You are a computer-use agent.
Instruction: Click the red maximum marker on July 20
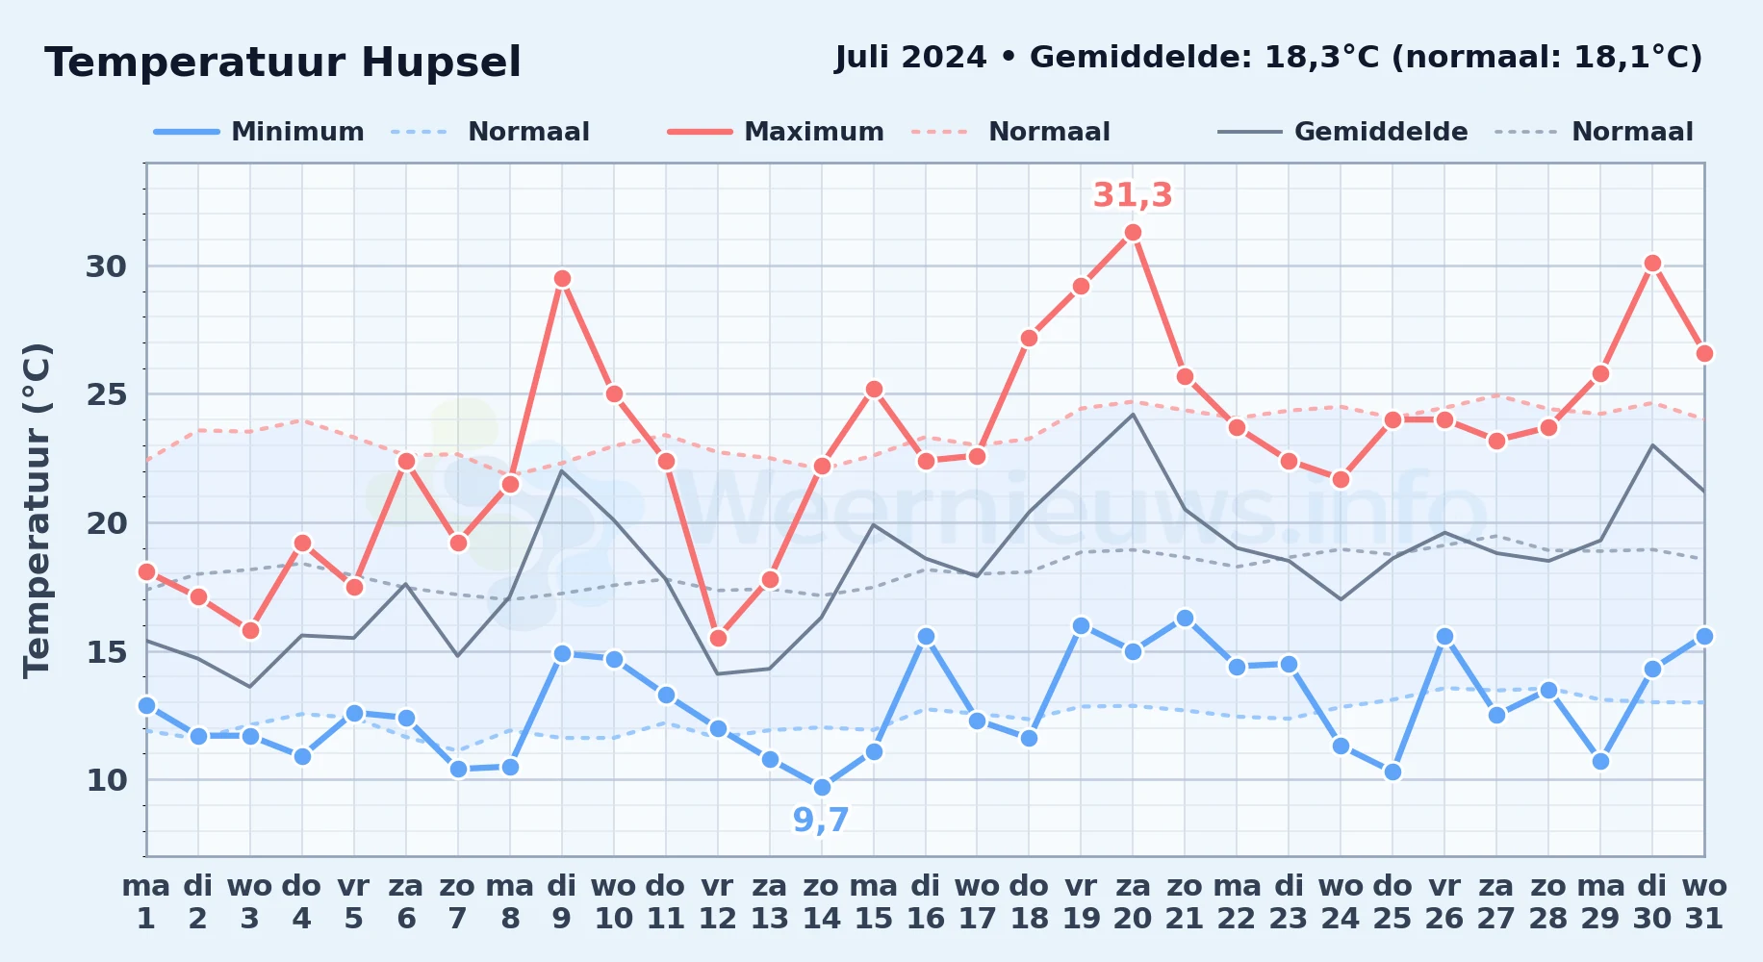point(1133,233)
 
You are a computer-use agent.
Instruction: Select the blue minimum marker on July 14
point(822,787)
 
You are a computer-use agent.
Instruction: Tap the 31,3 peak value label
point(1133,195)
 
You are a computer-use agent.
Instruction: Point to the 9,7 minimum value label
point(821,820)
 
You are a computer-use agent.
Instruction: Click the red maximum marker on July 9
point(562,279)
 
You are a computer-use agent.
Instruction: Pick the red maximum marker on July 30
point(1652,264)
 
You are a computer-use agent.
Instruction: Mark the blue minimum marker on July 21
point(1185,618)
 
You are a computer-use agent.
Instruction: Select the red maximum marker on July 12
point(718,638)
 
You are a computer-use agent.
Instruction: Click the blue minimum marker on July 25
point(1393,772)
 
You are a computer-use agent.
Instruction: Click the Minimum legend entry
point(259,132)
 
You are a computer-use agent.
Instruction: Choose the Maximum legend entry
point(776,132)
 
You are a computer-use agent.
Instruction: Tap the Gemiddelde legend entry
point(1342,132)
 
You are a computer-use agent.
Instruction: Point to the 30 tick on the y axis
point(106,266)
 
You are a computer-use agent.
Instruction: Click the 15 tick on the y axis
point(106,652)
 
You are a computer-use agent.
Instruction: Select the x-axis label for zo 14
point(822,901)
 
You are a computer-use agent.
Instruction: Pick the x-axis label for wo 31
point(1704,901)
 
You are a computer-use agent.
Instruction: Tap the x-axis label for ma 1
point(146,901)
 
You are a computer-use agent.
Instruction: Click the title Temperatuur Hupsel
point(283,63)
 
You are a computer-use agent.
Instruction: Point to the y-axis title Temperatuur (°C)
point(37,510)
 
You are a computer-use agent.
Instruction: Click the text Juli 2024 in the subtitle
point(910,58)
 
